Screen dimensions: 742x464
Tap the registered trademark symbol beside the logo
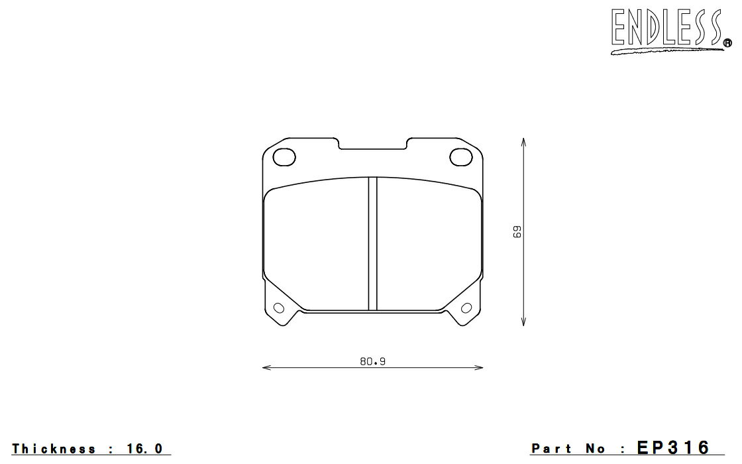[x=727, y=44]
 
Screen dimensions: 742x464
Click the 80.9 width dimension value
[x=373, y=362]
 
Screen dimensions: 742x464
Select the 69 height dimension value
[x=517, y=231]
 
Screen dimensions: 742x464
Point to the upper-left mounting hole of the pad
[x=284, y=157]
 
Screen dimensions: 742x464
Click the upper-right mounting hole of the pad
[x=461, y=157]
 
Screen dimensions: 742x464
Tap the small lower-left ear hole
[x=279, y=308]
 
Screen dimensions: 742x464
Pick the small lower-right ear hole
[x=466, y=308]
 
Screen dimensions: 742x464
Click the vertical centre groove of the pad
[x=373, y=244]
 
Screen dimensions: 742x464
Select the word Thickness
[x=54, y=448]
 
